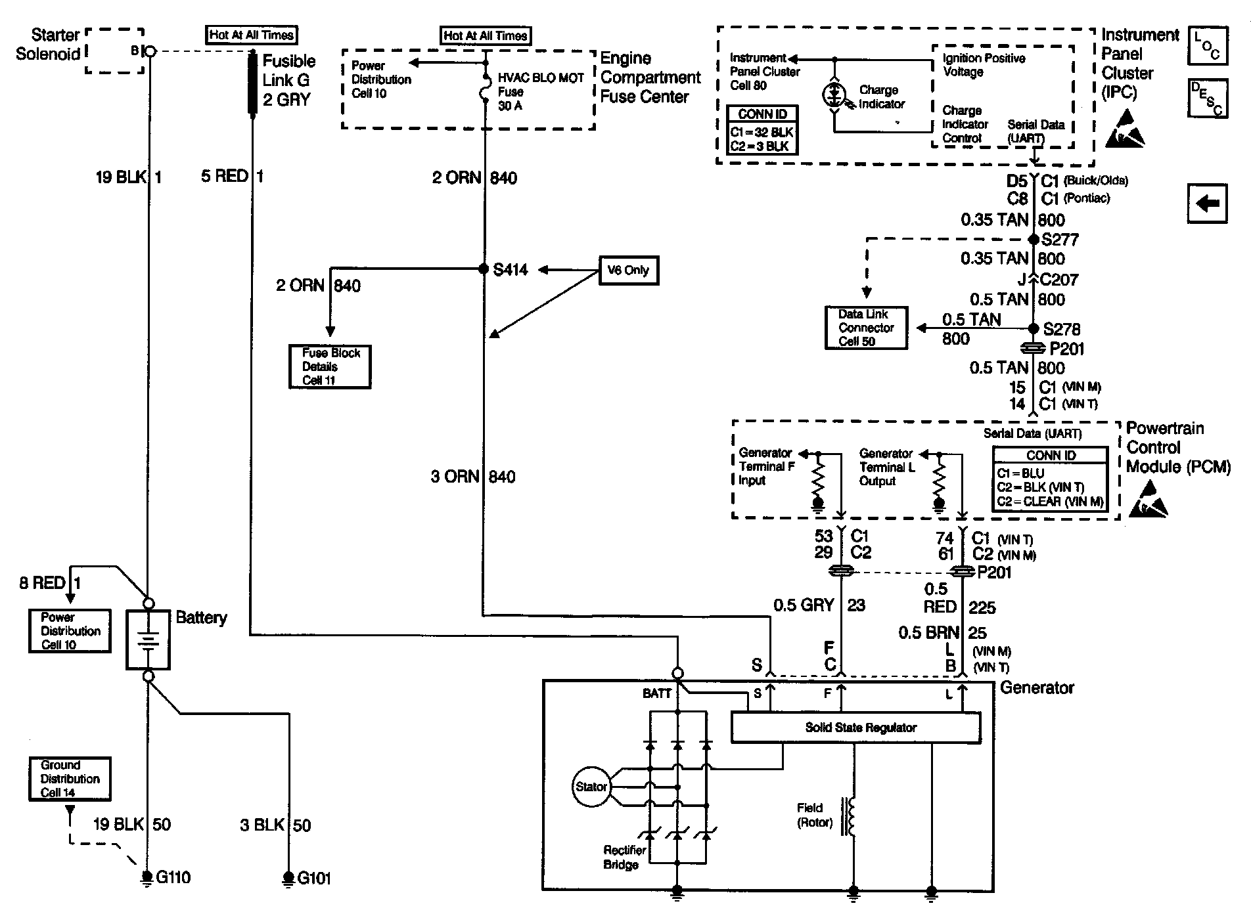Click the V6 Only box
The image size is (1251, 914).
(628, 270)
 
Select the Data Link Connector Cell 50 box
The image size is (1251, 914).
(866, 328)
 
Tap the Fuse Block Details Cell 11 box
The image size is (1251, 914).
(330, 366)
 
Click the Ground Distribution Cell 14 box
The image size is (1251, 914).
(70, 779)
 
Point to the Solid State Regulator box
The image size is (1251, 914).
(855, 728)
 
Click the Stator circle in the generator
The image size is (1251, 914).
(591, 787)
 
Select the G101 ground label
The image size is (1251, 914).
(314, 878)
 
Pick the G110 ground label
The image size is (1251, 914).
(172, 877)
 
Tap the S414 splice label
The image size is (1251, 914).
(511, 270)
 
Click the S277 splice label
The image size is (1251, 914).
(1060, 240)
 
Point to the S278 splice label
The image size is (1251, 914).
(1061, 329)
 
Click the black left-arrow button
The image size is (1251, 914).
(1207, 204)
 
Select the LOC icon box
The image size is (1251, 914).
(1207, 46)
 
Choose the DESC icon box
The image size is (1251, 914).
(1207, 98)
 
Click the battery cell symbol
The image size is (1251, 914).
(148, 640)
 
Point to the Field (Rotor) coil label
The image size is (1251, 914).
(814, 815)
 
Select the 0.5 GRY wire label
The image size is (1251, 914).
(803, 605)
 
